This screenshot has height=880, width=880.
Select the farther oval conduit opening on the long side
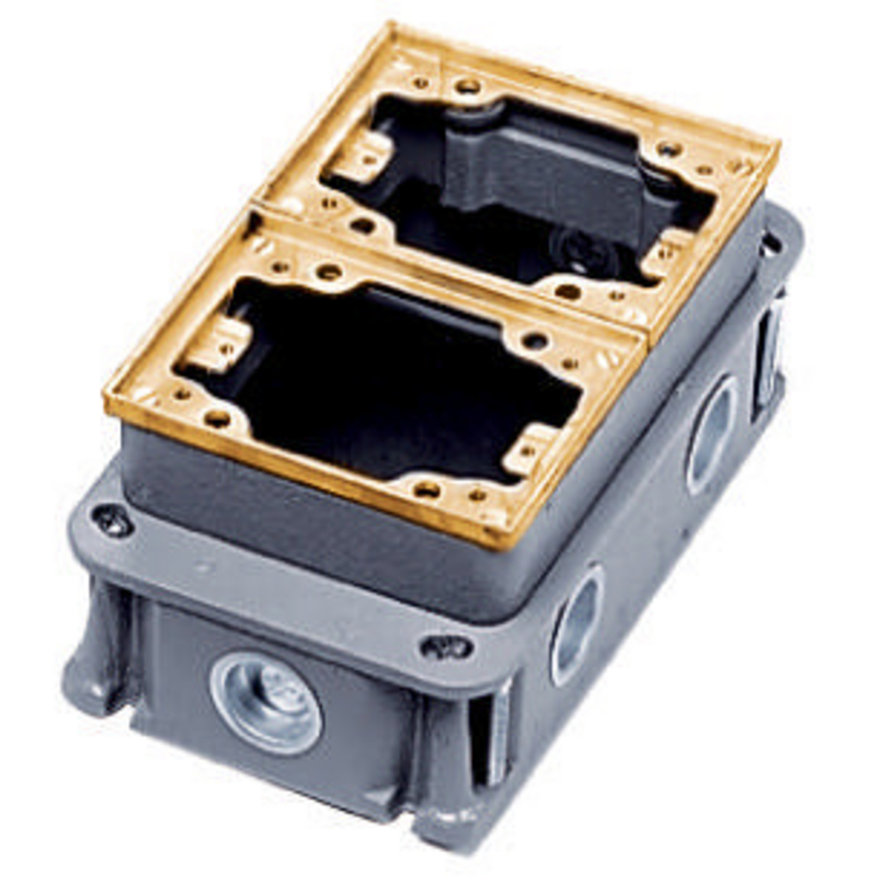[712, 434]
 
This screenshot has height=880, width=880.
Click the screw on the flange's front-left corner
[113, 521]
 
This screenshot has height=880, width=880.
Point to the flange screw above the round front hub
[446, 646]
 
